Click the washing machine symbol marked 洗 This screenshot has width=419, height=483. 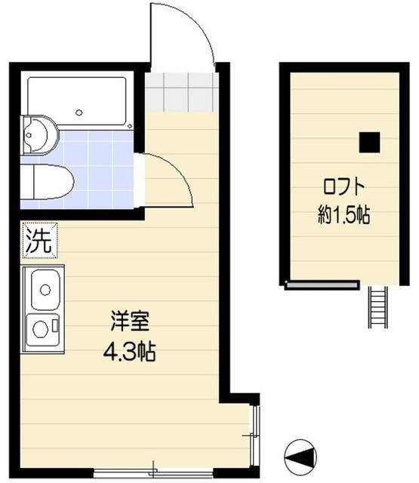40,241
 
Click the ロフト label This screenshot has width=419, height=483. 344,186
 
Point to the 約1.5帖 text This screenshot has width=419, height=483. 344,215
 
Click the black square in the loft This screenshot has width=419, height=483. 369,141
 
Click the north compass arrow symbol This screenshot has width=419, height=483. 300,455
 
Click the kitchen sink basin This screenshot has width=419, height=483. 46,289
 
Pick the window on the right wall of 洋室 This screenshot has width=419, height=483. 256,436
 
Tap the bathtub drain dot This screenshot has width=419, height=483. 79,113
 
